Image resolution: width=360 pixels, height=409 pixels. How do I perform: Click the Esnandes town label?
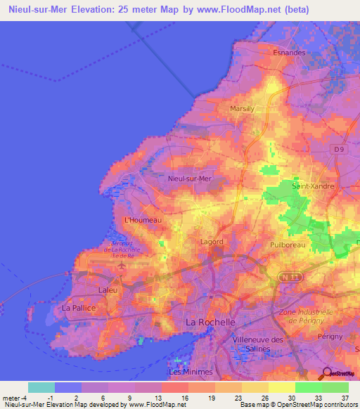[x=288, y=52]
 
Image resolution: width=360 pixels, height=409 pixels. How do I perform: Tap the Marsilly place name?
[x=242, y=109]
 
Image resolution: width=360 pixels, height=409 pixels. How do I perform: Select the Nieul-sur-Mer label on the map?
[x=190, y=178]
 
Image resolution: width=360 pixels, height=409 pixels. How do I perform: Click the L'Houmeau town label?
[x=143, y=220]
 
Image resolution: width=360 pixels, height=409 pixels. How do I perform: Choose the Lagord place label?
[x=212, y=242]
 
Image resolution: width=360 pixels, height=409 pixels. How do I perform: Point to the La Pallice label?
[x=78, y=308]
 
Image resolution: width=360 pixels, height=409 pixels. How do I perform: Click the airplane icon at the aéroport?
[x=121, y=266]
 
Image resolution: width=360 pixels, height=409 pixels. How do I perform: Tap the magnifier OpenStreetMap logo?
[x=328, y=374]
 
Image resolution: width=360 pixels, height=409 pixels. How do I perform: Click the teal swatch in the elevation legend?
[x=41, y=387]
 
